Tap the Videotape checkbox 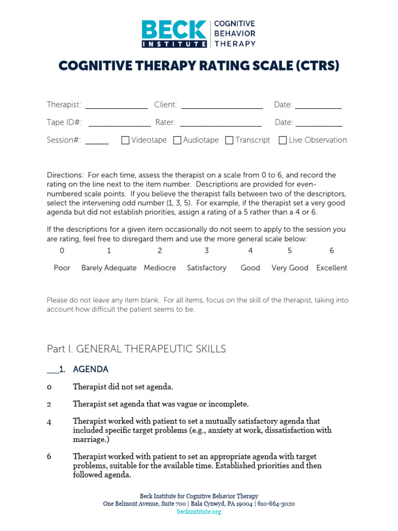125,140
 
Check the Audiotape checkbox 177,140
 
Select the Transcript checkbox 229,140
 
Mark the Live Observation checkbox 282,140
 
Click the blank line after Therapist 117,107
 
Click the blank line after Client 222,107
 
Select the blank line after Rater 220,124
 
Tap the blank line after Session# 97,142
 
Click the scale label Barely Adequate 109,268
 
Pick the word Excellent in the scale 332,268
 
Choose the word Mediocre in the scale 160,268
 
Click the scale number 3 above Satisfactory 207,251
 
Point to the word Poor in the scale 62,268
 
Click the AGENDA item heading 91,370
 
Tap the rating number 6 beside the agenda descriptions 49,457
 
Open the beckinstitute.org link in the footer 199,512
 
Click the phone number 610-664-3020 278,504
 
